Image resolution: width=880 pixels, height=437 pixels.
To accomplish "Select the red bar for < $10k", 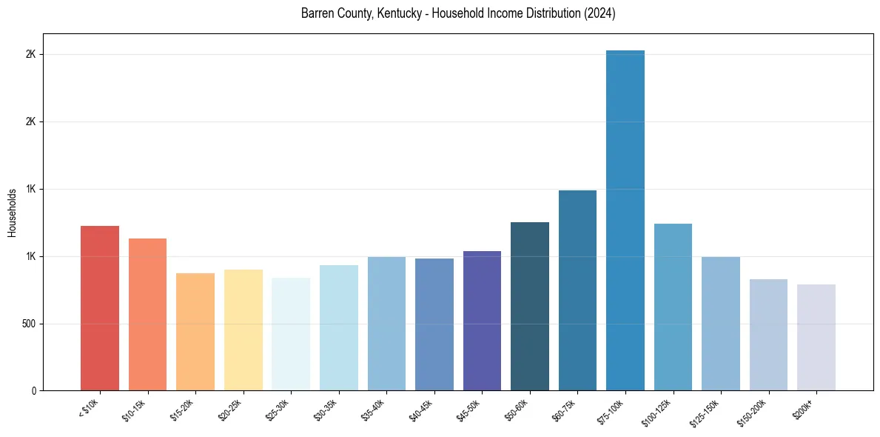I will (x=100, y=308).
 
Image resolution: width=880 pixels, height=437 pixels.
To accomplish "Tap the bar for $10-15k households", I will (x=147, y=314).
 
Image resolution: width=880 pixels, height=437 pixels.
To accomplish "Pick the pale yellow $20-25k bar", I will (x=243, y=330).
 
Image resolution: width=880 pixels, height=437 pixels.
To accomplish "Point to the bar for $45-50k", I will (x=482, y=321).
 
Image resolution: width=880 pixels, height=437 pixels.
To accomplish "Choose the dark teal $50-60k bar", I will (x=530, y=306).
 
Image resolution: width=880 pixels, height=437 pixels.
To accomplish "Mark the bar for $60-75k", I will (x=577, y=290).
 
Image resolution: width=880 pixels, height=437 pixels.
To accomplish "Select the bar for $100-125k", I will (x=673, y=307).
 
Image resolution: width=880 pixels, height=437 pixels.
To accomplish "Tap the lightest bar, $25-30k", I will (x=291, y=334).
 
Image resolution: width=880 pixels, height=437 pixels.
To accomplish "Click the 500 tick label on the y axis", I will (x=28, y=324).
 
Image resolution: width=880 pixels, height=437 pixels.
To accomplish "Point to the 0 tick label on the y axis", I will (x=34, y=391).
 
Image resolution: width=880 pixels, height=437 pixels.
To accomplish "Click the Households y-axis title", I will (x=12, y=213).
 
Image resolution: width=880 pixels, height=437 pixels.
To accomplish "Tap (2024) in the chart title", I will (x=600, y=13).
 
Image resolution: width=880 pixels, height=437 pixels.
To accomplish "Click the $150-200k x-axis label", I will (x=753, y=412).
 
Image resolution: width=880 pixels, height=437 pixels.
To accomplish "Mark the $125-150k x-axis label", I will (x=705, y=412).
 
